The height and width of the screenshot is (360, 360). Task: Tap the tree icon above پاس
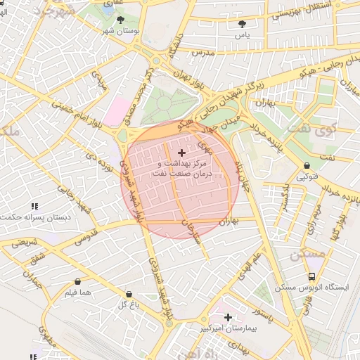[x=243, y=24]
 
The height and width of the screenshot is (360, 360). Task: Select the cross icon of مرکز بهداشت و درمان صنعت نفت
[x=182, y=153]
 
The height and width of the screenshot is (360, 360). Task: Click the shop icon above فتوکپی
[x=307, y=167]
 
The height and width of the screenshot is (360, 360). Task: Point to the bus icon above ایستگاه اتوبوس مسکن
[x=311, y=277]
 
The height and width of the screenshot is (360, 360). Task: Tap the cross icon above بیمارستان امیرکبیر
[x=228, y=317]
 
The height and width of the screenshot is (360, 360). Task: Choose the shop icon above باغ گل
[x=128, y=294]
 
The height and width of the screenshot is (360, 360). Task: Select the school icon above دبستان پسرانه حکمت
[x=34, y=207]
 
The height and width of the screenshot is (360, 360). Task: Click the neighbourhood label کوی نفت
[x=333, y=129]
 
